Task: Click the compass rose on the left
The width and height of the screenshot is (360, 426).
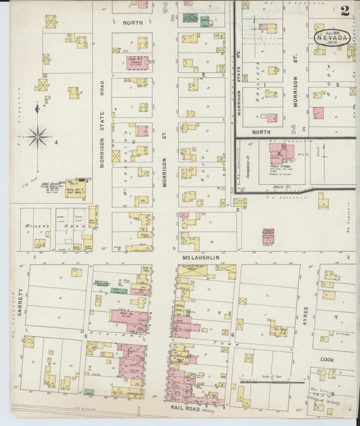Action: tap(37, 137)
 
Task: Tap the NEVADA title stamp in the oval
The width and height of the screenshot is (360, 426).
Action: tap(332, 38)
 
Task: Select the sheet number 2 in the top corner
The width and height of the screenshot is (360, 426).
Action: tap(345, 10)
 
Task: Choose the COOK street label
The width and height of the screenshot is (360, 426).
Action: tap(327, 360)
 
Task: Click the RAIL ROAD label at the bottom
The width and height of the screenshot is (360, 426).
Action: tap(186, 408)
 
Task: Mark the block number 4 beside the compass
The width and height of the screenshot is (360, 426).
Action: tap(56, 142)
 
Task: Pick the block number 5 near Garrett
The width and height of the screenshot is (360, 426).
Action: tap(84, 333)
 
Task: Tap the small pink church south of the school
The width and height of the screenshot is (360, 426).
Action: tap(268, 237)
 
